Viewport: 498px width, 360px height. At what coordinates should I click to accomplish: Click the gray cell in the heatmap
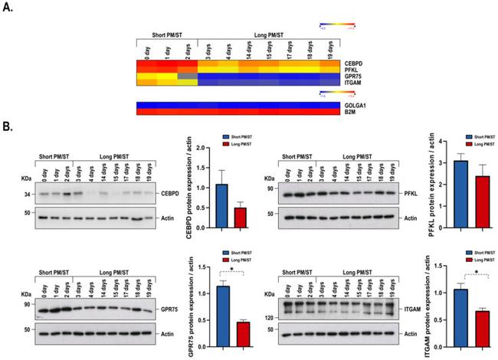(188, 77)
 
